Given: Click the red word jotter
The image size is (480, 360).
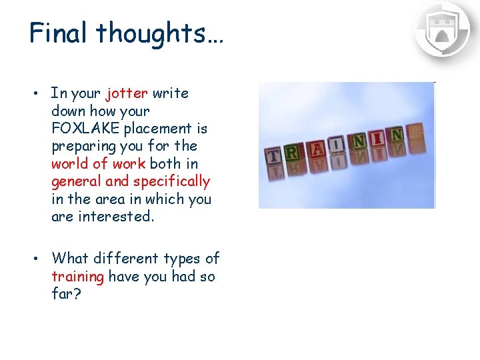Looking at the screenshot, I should click(x=127, y=93).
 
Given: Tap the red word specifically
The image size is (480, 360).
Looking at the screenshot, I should click(x=171, y=181).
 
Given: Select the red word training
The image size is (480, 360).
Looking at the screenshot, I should click(x=77, y=276).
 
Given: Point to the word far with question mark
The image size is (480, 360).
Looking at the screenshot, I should click(x=66, y=293).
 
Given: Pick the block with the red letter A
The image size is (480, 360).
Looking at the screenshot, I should click(x=318, y=148).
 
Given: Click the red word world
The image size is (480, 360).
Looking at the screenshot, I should click(x=69, y=163).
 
